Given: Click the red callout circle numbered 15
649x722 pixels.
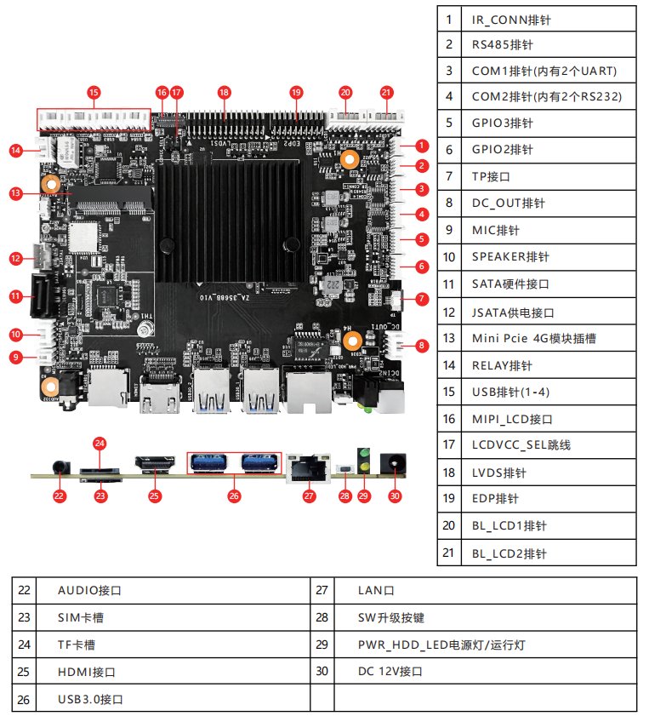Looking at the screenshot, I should click(x=94, y=92).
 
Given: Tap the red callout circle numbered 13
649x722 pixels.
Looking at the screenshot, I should click(x=15, y=193).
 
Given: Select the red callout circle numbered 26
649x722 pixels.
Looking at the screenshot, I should click(x=234, y=495).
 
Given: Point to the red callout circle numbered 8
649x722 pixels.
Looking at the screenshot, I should click(x=422, y=346).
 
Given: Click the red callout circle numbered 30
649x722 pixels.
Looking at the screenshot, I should click(x=394, y=495).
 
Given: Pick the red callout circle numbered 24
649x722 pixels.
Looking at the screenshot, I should click(x=100, y=443).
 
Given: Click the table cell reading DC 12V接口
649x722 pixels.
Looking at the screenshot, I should click(x=485, y=672).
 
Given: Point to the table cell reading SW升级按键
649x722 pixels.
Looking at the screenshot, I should click(x=485, y=617).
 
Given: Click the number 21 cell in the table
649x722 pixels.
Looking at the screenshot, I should click(x=449, y=553).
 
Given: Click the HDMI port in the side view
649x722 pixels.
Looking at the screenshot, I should click(x=154, y=463).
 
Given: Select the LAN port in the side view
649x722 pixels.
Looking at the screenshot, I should click(x=308, y=466).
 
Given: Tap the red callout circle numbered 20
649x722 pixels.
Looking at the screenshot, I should click(x=345, y=92).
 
